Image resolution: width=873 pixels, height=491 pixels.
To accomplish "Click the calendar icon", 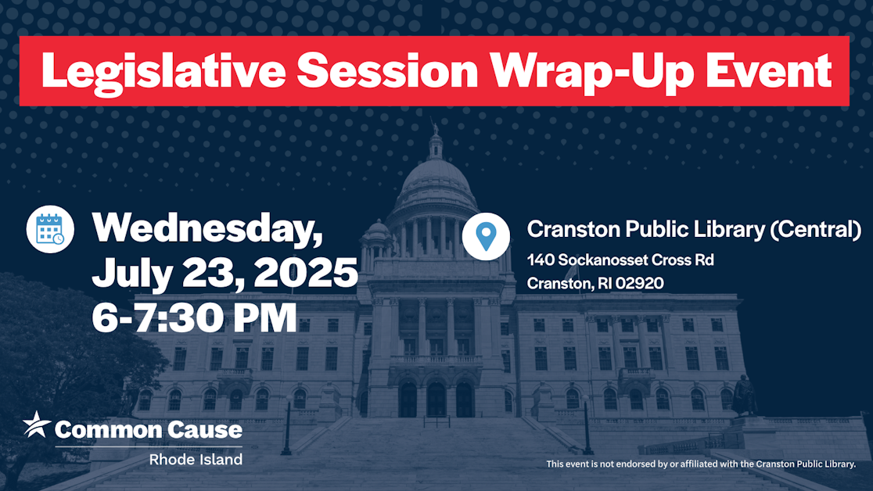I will pos(50,229).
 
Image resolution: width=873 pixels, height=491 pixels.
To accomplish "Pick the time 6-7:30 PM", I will pos(194,318).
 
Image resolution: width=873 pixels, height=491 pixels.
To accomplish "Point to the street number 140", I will pos(540,260).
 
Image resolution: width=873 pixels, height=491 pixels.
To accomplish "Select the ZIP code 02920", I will pos(640,283).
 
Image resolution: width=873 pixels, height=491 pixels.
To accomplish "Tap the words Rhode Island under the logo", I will pos(196,459).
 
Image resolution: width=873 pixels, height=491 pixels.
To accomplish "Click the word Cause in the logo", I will pos(203,429).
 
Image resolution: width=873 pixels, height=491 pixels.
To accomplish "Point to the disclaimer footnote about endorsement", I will pos(701,464).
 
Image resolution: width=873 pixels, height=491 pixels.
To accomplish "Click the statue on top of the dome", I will pos(435,129).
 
